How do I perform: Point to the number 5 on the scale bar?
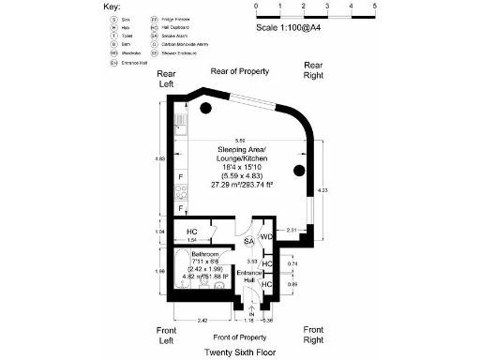(374, 7)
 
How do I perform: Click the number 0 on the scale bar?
(256, 7)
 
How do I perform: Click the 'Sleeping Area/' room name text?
(241, 151)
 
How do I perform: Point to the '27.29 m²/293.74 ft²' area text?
(241, 185)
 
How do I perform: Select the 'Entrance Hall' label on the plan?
(250, 275)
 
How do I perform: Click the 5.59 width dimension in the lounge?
(240, 140)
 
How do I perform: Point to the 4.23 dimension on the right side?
(323, 190)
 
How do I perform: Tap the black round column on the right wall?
(299, 171)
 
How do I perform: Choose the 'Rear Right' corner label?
(311, 70)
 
